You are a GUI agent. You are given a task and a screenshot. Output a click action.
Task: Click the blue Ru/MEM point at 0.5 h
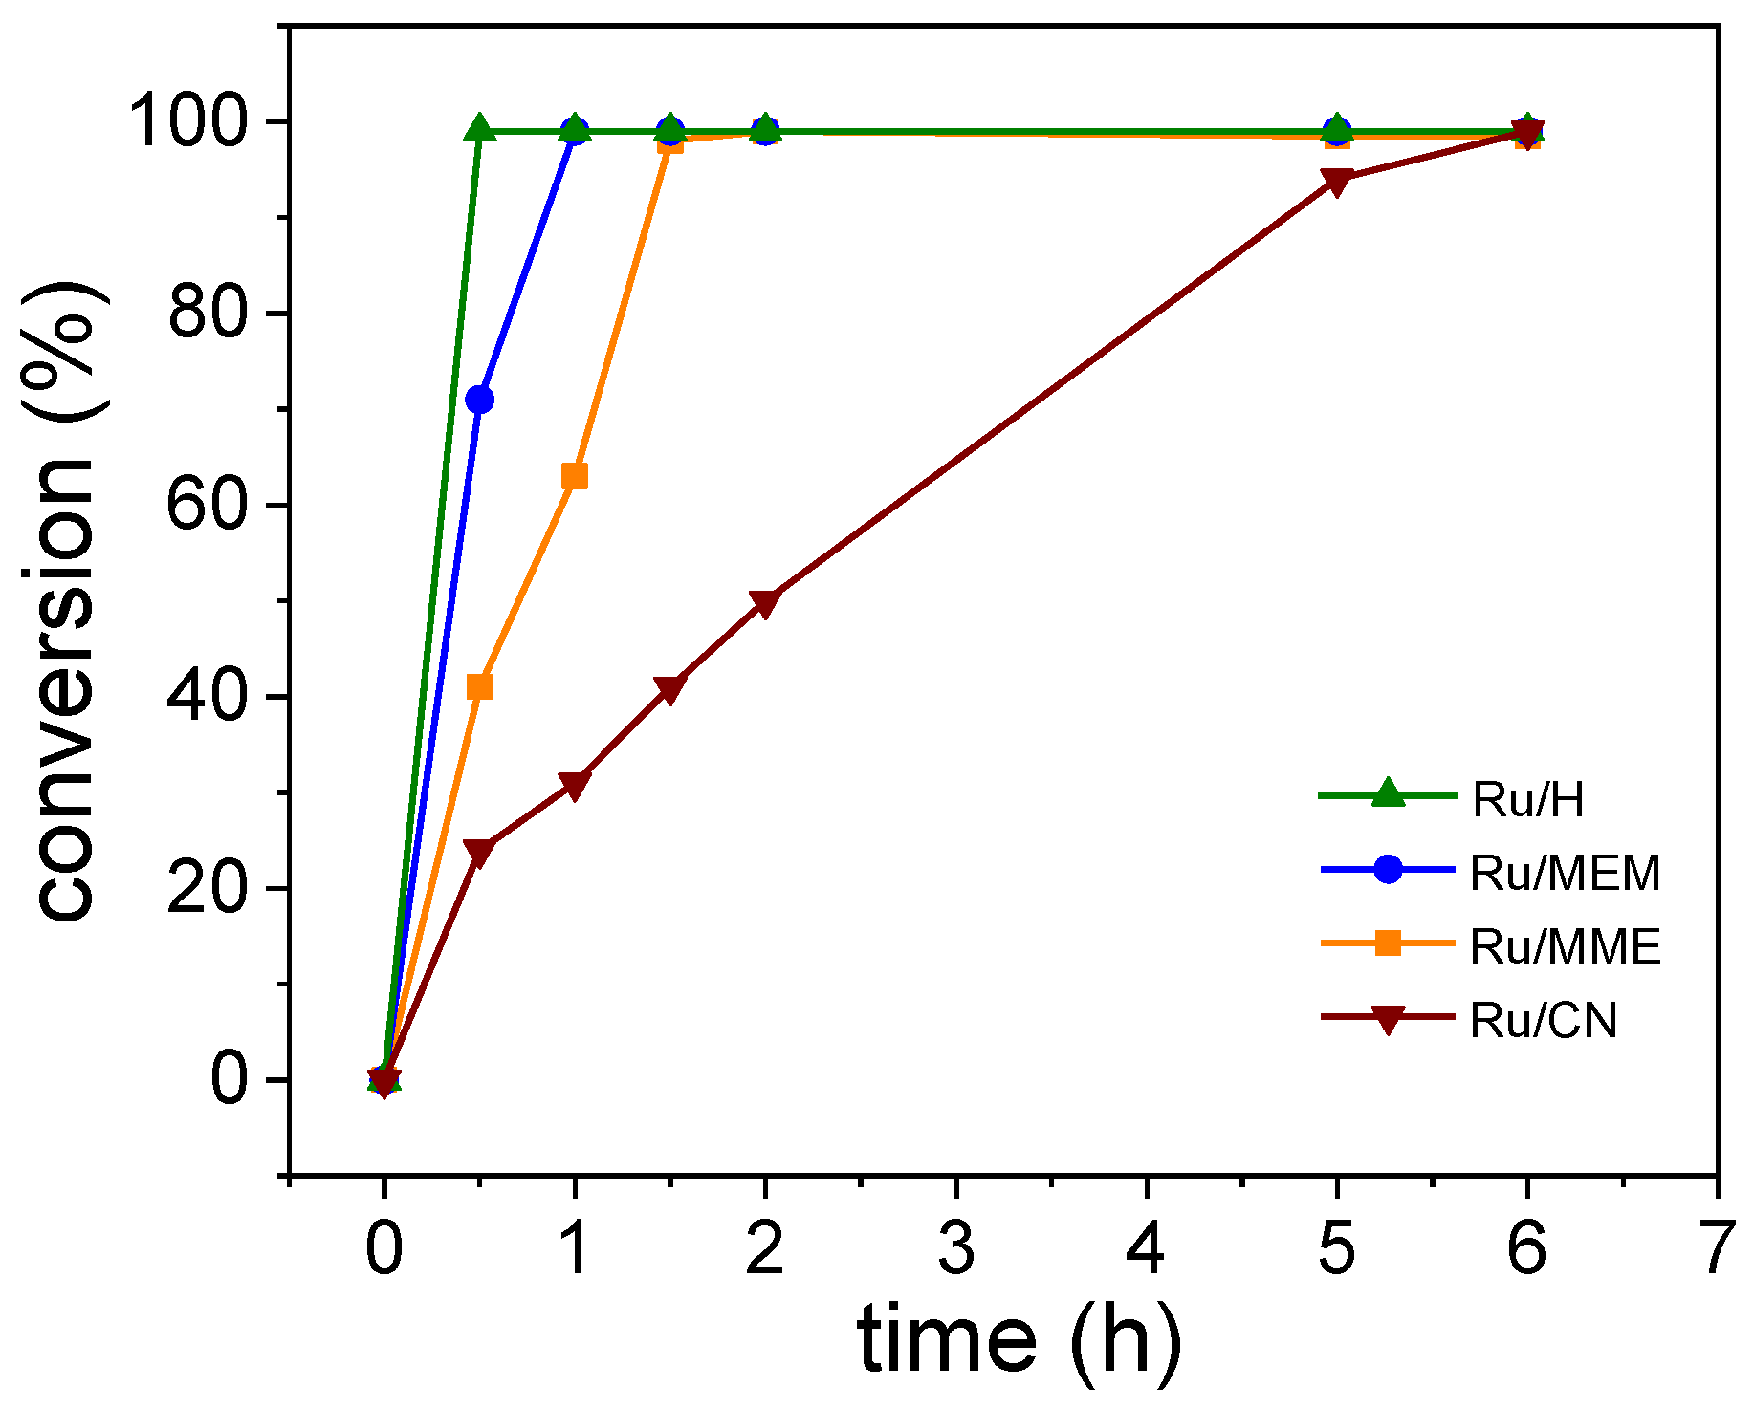(479, 400)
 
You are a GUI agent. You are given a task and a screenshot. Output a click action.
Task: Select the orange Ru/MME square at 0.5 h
(479, 686)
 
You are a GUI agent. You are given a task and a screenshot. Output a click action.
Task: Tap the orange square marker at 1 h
(574, 476)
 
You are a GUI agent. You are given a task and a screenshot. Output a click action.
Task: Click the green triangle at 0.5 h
(479, 129)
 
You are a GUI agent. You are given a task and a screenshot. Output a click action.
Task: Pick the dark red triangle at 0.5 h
(479, 851)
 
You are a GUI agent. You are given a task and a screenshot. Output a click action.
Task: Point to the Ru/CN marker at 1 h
(574, 785)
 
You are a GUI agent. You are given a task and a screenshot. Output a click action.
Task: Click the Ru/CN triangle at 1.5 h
(669, 689)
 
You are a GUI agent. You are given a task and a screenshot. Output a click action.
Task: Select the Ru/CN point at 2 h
(765, 603)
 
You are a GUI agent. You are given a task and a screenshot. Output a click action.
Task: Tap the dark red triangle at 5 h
(1337, 182)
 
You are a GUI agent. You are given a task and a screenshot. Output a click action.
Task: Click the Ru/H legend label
(1528, 799)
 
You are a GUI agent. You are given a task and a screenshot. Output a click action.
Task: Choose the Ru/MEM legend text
(1565, 873)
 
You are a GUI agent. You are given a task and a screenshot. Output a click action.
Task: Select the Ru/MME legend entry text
(1565, 946)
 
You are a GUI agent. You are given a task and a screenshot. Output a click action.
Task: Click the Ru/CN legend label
(1544, 1020)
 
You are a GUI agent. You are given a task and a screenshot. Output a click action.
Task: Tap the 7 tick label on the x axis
(1718, 1248)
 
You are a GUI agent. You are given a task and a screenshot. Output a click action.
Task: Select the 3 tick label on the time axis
(955, 1248)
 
